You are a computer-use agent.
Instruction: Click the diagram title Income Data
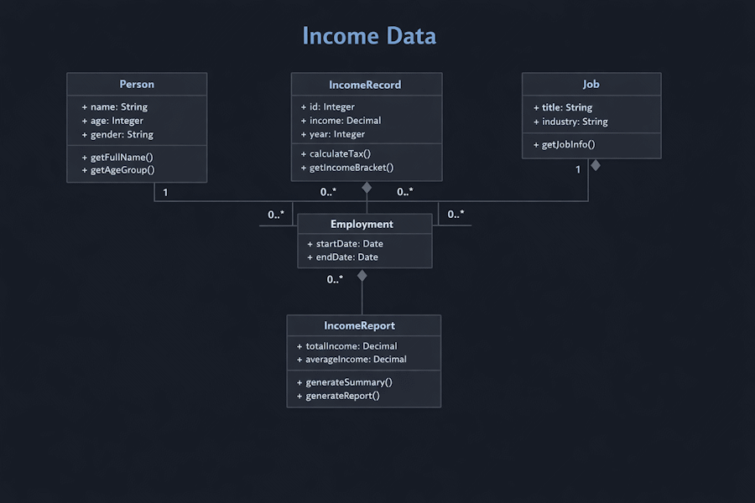[369, 37]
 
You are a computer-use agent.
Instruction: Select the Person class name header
[137, 84]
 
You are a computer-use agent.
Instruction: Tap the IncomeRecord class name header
[365, 85]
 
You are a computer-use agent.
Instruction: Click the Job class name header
[591, 85]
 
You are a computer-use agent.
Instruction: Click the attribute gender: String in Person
[118, 134]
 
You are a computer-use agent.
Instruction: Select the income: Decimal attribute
[341, 121]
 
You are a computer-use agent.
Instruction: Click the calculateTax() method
[336, 153]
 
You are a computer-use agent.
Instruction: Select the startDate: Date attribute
[345, 244]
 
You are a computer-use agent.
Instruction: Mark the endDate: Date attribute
[342, 257]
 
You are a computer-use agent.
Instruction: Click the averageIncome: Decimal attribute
[351, 360]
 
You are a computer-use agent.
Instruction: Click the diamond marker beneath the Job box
[596, 165]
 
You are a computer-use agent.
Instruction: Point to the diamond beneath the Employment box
[362, 275]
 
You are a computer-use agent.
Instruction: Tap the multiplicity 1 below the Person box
[165, 193]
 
